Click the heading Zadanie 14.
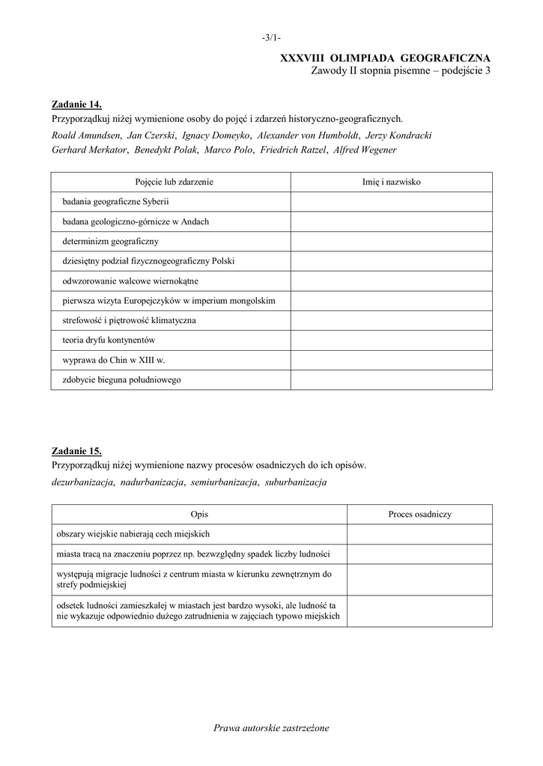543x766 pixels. (76, 104)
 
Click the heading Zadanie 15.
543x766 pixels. (76, 451)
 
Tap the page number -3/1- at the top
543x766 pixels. (271, 37)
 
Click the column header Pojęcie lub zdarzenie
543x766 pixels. (171, 182)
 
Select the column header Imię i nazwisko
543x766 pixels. (391, 182)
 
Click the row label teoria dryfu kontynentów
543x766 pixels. (109, 340)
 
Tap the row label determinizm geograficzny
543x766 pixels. (111, 242)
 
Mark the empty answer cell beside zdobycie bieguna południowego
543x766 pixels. (391, 380)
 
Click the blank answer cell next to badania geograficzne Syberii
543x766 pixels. (391, 202)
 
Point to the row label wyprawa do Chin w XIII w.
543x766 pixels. (113, 360)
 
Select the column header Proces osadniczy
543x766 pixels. (419, 514)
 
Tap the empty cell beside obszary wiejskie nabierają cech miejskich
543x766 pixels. (419, 534)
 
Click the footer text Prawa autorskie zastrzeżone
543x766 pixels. (271, 727)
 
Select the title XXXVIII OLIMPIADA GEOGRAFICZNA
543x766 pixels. (385, 58)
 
